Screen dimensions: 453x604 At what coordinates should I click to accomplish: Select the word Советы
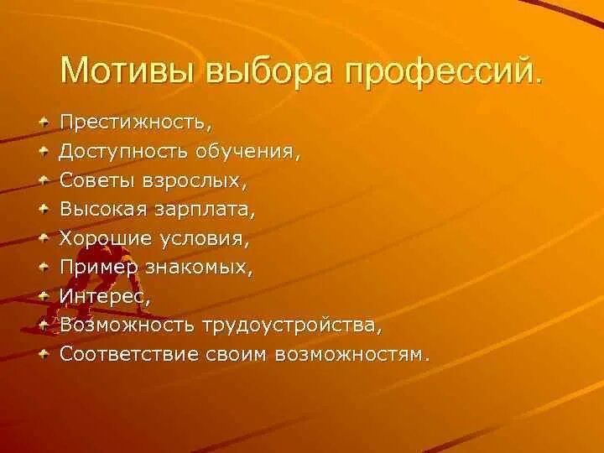[x=93, y=180]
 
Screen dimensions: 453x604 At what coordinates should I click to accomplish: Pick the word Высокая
[x=99, y=209]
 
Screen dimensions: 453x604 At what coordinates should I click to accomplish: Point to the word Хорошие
[x=100, y=238]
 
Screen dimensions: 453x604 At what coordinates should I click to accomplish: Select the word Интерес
[x=92, y=296]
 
